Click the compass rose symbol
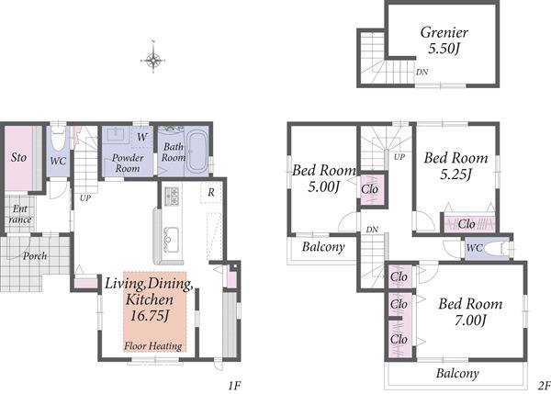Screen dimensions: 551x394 [x=153, y=59]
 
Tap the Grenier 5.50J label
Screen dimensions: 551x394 [x=444, y=40]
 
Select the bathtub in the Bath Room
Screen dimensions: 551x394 [x=197, y=152]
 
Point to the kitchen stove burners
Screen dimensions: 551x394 [x=172, y=197]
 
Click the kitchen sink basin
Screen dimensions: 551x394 [x=171, y=240]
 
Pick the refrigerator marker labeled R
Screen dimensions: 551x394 [x=211, y=192]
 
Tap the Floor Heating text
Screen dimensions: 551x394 [x=153, y=346]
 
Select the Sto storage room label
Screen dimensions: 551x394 [x=18, y=157]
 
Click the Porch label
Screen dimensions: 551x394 [x=35, y=255]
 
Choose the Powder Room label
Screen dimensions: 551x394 [x=128, y=163]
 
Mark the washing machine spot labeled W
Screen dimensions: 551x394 [x=142, y=137]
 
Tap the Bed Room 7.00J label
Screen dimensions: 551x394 [x=470, y=311]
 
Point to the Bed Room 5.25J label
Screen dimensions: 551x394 [x=455, y=165]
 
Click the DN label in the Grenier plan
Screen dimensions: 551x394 [x=422, y=72]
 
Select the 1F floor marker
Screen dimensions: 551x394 [x=233, y=386]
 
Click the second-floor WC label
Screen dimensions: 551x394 [x=475, y=248]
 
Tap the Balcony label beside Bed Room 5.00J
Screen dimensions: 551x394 [x=323, y=247]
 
